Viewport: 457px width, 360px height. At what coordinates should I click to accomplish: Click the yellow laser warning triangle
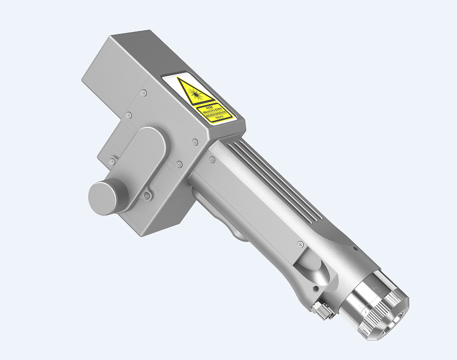(x=195, y=92)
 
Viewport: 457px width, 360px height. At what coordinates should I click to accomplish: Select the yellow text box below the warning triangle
(x=214, y=113)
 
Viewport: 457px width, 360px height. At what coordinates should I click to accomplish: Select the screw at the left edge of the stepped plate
(x=112, y=162)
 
